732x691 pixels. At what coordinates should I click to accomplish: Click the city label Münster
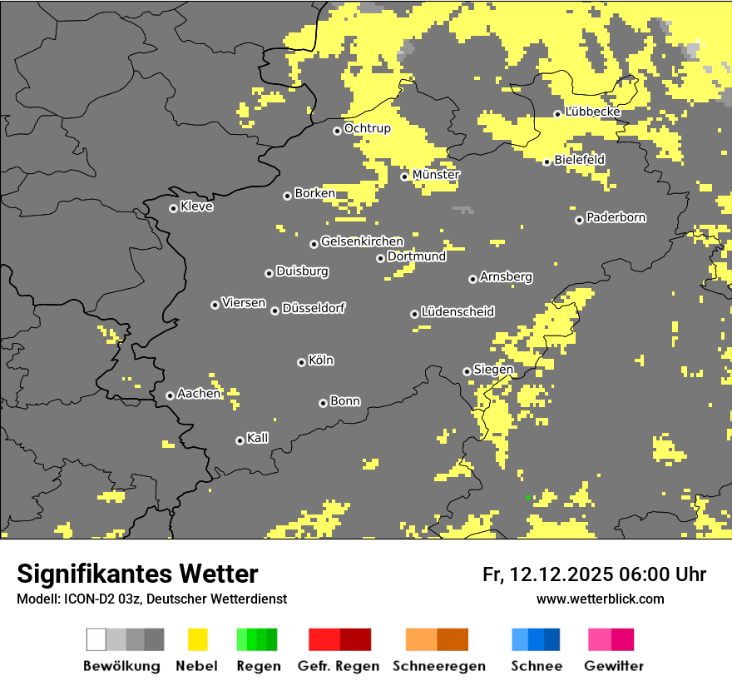436,175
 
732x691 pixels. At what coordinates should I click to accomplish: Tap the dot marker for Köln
301,362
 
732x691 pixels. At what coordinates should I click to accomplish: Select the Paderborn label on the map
616,217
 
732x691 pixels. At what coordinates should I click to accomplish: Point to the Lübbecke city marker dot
557,114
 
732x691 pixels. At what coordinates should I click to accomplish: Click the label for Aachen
199,393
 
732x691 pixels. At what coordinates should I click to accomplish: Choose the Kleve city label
196,206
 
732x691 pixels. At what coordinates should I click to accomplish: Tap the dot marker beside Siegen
467,371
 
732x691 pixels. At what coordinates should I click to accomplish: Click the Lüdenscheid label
457,311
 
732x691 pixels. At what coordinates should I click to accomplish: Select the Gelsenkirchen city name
362,241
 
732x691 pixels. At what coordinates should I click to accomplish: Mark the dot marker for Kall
240,440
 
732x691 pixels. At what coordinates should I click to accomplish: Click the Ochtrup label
367,128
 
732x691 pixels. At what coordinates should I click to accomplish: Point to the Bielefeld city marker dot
547,162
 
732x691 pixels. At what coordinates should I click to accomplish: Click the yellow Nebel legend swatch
197,639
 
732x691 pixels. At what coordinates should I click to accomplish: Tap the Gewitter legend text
613,666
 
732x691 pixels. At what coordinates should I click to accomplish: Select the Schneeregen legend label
439,666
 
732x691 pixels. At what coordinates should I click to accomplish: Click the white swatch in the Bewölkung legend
96,639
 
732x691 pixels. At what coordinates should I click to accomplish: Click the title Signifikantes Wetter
137,574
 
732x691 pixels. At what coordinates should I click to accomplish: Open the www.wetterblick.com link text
600,599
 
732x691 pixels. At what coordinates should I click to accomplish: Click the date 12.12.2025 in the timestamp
561,574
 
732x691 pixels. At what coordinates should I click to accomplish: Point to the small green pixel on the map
528,497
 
